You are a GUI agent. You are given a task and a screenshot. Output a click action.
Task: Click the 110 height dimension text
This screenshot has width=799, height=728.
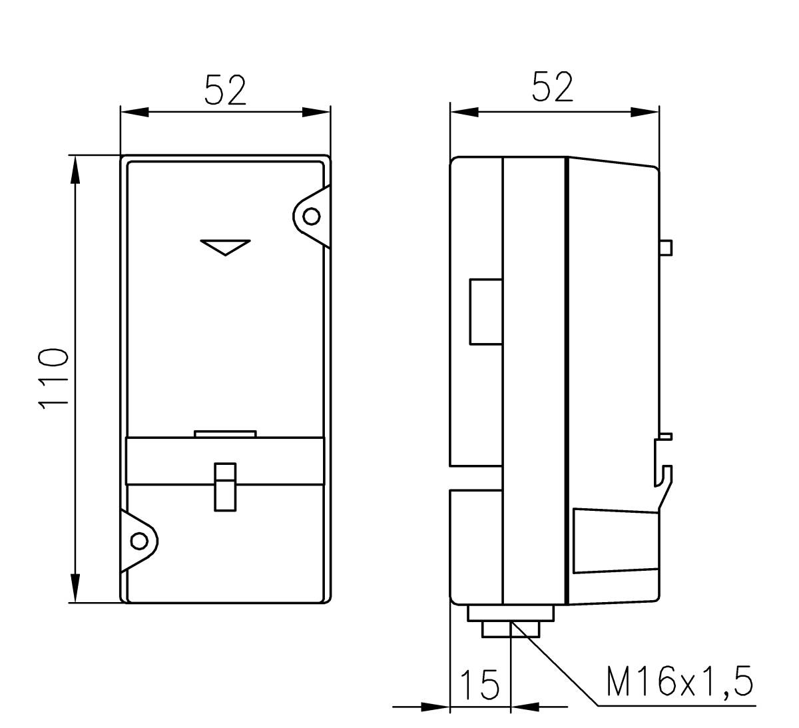pyautogui.click(x=53, y=378)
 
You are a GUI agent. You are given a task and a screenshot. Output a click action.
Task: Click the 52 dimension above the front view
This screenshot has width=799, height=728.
pyautogui.click(x=225, y=91)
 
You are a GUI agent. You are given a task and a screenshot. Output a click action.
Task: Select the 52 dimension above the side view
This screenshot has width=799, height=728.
pyautogui.click(x=553, y=87)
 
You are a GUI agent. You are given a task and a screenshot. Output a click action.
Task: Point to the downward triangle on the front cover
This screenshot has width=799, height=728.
pyautogui.click(x=225, y=246)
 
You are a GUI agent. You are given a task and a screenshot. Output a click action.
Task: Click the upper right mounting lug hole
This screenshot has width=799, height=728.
pyautogui.click(x=311, y=216)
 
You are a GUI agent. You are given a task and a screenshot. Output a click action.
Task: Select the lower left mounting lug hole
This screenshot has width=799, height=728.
pyautogui.click(x=139, y=540)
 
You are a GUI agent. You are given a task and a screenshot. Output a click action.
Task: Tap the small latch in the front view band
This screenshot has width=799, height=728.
pyautogui.click(x=225, y=487)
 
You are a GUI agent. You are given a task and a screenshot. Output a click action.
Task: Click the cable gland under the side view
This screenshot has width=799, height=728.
pyautogui.click(x=511, y=620)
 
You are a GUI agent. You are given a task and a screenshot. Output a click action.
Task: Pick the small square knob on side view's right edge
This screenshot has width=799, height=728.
pyautogui.click(x=665, y=247)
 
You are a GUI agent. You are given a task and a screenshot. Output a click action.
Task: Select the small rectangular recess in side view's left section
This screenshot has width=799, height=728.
pyautogui.click(x=485, y=312)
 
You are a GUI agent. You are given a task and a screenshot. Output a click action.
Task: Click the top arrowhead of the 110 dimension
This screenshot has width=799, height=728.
pyautogui.click(x=75, y=170)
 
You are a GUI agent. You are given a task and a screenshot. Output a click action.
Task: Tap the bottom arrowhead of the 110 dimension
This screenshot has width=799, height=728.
pyautogui.click(x=75, y=589)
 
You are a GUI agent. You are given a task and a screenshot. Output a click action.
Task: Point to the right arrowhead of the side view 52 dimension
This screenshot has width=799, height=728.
pyautogui.click(x=645, y=112)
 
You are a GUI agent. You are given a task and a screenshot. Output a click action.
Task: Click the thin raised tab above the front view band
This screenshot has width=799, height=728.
pyautogui.click(x=225, y=434)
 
